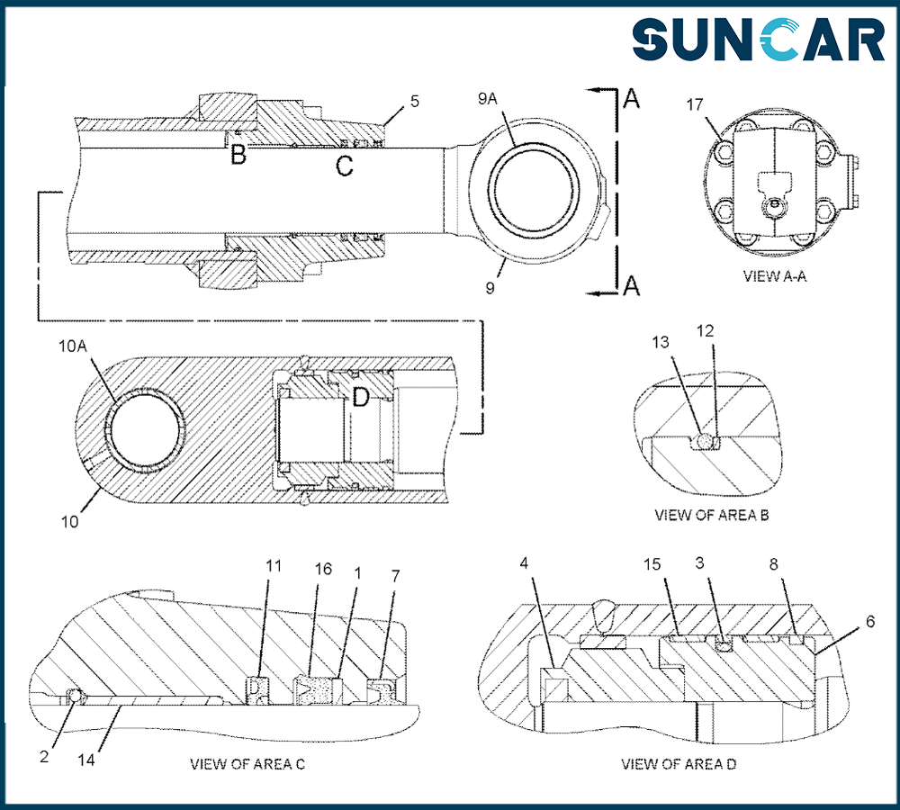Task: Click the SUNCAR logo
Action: tap(758, 40)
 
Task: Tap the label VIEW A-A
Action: tap(774, 275)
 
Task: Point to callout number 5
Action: tap(415, 101)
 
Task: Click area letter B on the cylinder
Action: tap(238, 155)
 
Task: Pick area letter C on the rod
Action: tap(344, 166)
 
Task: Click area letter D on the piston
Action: tap(360, 396)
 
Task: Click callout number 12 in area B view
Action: tap(705, 330)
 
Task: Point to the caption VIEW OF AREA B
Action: tap(710, 516)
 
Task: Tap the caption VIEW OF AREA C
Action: tap(247, 764)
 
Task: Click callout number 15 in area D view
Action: tap(652, 564)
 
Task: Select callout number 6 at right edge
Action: tap(869, 621)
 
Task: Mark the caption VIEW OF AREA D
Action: tap(679, 764)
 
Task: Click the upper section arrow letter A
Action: tap(632, 100)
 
